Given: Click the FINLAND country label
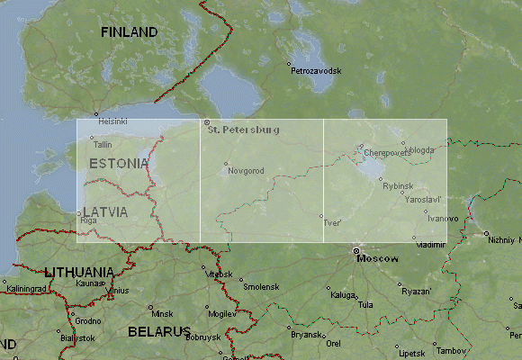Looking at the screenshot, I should pos(129,32).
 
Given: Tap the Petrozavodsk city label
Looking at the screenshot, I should pos(316,70).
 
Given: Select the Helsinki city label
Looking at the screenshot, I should pos(112,121).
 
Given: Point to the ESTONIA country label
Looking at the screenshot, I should pos(119,164).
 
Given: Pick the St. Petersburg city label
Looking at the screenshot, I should pos(243,130).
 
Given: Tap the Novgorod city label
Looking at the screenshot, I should pos(246,170).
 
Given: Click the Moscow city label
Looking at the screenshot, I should pos(377,258).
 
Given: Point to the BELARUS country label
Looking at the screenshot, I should pos(158,331).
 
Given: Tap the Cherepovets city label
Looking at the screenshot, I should pos(387,153).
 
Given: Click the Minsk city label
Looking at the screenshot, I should pos(162,313).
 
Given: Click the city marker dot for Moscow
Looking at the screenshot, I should pos(356,250).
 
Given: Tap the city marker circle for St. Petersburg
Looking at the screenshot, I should pos(206,122).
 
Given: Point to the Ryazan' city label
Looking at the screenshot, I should pos(416,291).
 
